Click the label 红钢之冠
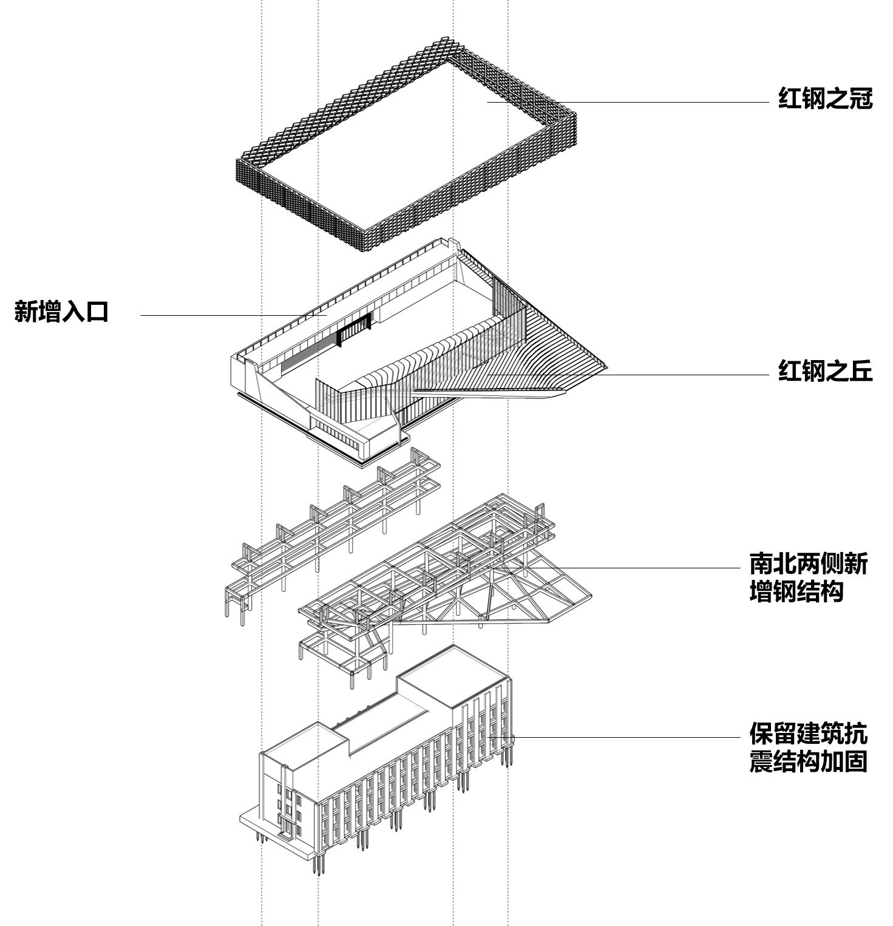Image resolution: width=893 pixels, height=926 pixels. (825, 98)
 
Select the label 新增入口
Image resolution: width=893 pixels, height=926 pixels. (61, 312)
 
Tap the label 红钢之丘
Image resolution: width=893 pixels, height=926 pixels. (825, 370)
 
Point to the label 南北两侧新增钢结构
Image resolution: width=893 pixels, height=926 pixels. (808, 577)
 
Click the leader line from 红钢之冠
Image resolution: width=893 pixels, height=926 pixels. (662, 103)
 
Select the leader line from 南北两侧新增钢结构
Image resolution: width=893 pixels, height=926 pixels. (650, 568)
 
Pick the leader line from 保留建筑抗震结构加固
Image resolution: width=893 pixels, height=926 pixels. (625, 738)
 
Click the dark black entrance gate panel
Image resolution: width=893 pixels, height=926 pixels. (354, 330)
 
